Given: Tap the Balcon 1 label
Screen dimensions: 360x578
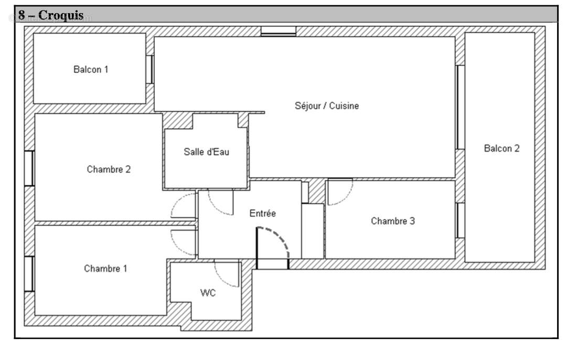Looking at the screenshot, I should pos(91,69).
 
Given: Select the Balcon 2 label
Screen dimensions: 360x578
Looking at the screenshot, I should pos(501,149).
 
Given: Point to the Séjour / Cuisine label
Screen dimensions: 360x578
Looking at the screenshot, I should pos(327,106).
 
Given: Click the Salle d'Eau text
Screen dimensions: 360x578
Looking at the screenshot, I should pos(206,152).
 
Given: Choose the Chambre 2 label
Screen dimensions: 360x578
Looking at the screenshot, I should pos(109,170).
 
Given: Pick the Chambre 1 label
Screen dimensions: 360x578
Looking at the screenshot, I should pos(105,269).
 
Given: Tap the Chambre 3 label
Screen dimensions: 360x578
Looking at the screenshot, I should pos(393,221).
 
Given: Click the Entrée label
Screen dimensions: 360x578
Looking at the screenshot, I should pos(262,214).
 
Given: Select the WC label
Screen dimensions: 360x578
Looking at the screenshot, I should pos(208,293).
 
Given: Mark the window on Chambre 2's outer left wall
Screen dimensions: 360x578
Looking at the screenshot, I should pos(29,168).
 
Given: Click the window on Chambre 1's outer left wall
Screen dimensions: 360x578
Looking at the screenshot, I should pos(29,273).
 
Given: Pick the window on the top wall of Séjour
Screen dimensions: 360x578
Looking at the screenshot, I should pos(279,31).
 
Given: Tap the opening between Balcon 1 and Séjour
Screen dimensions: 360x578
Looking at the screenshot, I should pos(149,69).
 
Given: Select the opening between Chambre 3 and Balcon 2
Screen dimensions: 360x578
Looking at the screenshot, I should pos(459,220).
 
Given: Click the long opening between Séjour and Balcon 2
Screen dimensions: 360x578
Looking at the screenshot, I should pos(459,107).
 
